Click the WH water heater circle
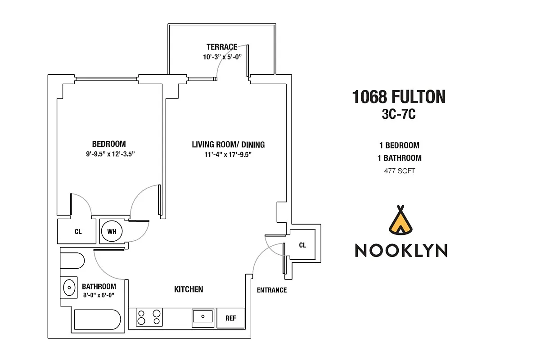(x=112, y=231)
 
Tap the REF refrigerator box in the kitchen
(x=231, y=318)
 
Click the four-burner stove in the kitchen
(x=149, y=317)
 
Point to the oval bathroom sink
(x=69, y=288)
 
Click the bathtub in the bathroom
(x=97, y=319)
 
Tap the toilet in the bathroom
(x=72, y=261)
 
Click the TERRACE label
(x=222, y=47)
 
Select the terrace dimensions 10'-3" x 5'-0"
(x=222, y=57)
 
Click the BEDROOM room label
(x=109, y=144)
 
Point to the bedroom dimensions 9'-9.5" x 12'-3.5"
(x=110, y=154)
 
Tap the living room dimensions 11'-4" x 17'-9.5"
(x=228, y=154)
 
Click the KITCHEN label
(x=189, y=289)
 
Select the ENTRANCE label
(x=272, y=290)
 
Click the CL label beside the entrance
(x=302, y=245)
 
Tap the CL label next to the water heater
(x=78, y=232)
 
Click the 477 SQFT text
(x=400, y=171)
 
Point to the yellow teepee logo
(x=400, y=220)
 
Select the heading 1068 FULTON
(x=399, y=97)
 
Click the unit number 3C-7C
(x=399, y=114)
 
